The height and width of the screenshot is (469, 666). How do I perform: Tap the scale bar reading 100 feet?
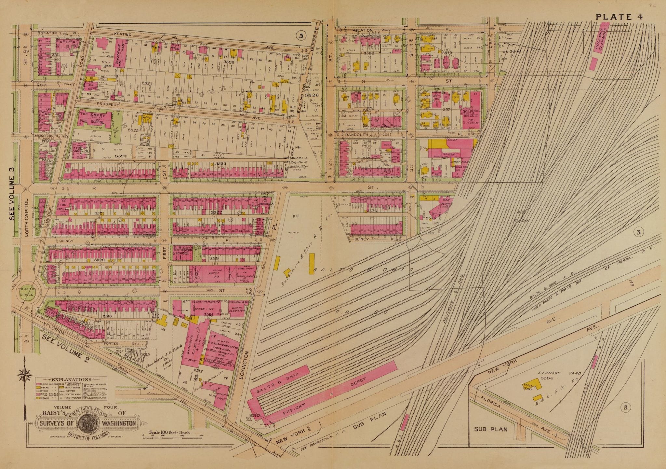coord(169,433)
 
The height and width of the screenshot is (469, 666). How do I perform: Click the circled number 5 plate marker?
coord(301,36)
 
